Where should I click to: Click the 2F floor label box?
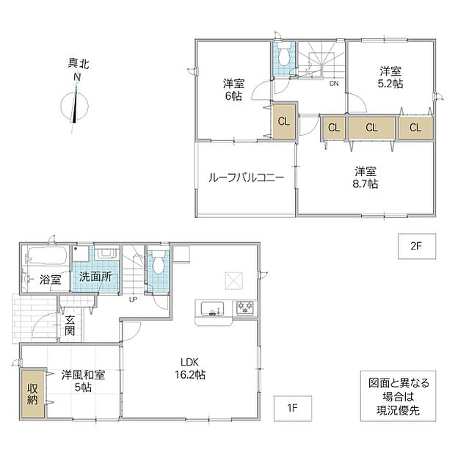(417, 246)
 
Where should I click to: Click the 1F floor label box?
(293, 408)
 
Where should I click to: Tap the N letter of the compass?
(77, 77)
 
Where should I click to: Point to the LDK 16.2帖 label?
(190, 368)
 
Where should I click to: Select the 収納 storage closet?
(32, 393)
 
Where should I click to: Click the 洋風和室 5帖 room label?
(83, 381)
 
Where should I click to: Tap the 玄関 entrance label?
(70, 325)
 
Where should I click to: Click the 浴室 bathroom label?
(51, 280)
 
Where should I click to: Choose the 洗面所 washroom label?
(95, 277)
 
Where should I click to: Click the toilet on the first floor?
(159, 262)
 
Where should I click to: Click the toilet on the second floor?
(283, 54)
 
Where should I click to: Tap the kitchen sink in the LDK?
(213, 308)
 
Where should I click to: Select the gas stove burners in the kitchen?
(245, 307)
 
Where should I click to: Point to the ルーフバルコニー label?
(246, 178)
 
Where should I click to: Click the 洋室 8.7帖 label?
(365, 178)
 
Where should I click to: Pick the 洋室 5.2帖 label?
(390, 77)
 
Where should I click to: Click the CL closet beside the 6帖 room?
(284, 121)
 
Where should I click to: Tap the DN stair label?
(334, 84)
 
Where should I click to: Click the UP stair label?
(133, 299)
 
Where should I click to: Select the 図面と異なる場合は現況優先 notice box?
(398, 396)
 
